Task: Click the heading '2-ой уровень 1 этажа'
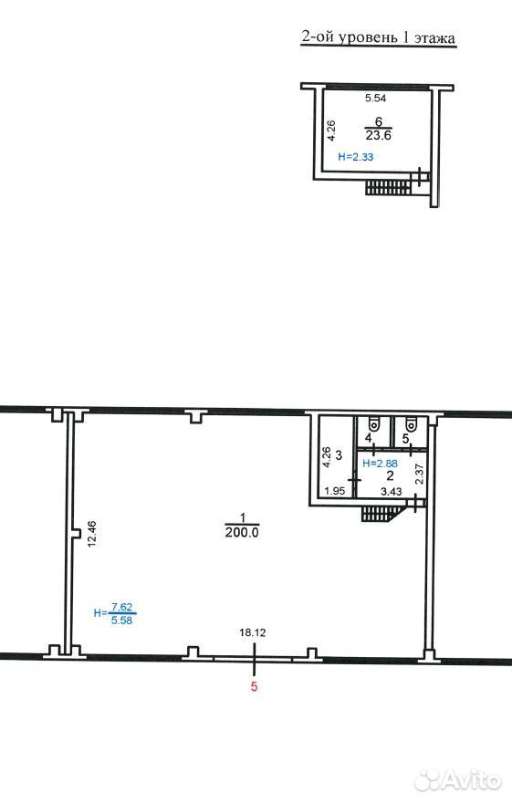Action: pyautogui.click(x=378, y=38)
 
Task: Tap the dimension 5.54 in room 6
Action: pyautogui.click(x=375, y=99)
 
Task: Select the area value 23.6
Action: pyautogui.click(x=379, y=136)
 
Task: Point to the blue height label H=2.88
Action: pyautogui.click(x=380, y=464)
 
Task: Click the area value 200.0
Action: pyautogui.click(x=242, y=533)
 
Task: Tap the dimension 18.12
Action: pyautogui.click(x=253, y=632)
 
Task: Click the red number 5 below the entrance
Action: pyautogui.click(x=254, y=686)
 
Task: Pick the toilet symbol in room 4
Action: pyautogui.click(x=375, y=424)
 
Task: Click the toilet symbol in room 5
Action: pyautogui.click(x=411, y=424)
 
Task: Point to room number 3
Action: pyautogui.click(x=339, y=454)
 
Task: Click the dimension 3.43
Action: pyautogui.click(x=392, y=491)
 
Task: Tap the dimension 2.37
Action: pyautogui.click(x=419, y=474)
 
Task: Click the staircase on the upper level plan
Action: pyautogui.click(x=388, y=187)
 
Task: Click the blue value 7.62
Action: pyautogui.click(x=122, y=608)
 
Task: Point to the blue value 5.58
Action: pyautogui.click(x=122, y=620)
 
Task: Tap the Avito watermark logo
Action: pyautogui.click(x=458, y=780)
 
